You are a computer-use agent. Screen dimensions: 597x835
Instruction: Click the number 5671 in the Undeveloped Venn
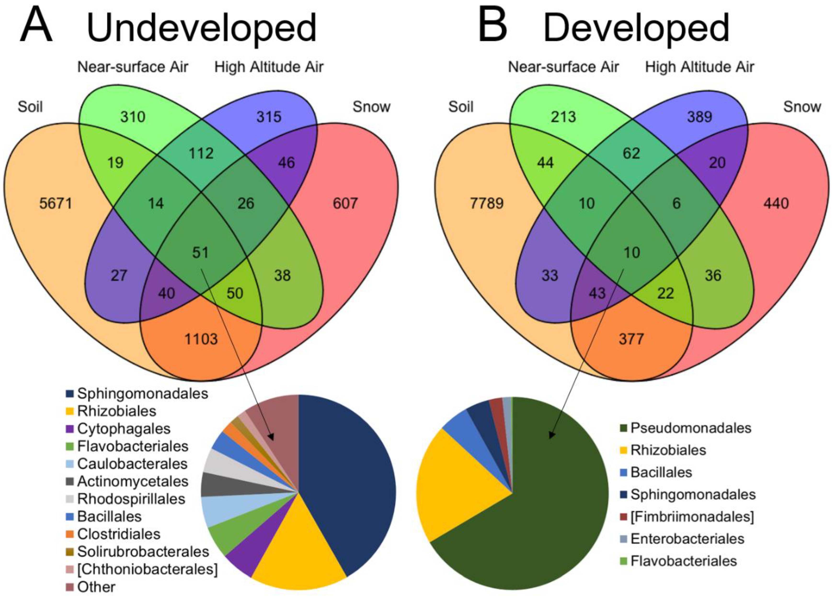click(56, 203)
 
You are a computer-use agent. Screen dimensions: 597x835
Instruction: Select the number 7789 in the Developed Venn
click(486, 203)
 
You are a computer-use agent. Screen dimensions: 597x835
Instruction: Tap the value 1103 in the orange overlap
click(201, 339)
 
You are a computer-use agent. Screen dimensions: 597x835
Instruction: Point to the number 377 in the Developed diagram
click(631, 339)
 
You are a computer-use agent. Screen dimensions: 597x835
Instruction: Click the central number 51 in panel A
click(201, 253)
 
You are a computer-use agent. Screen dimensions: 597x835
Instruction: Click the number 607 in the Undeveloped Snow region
click(345, 203)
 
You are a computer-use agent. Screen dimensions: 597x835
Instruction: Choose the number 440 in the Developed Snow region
click(776, 203)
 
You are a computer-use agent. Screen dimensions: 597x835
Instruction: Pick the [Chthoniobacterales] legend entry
click(147, 569)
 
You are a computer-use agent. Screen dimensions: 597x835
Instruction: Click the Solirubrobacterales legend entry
click(143, 551)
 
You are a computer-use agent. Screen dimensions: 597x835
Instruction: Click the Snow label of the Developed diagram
click(802, 107)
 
